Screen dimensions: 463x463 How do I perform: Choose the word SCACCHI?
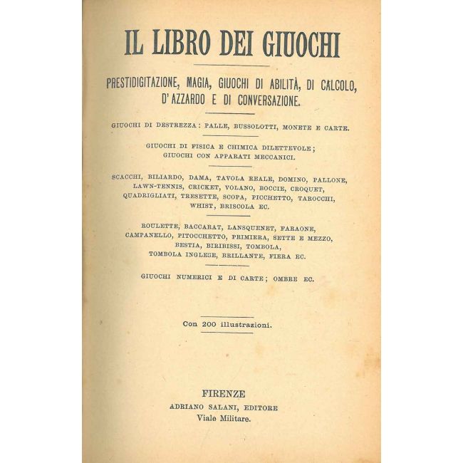pos(130,176)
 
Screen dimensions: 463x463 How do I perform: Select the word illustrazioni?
pos(246,324)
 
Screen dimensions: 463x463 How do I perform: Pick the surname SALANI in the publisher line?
pos(225,407)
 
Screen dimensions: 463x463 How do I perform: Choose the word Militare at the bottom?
pos(238,420)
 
